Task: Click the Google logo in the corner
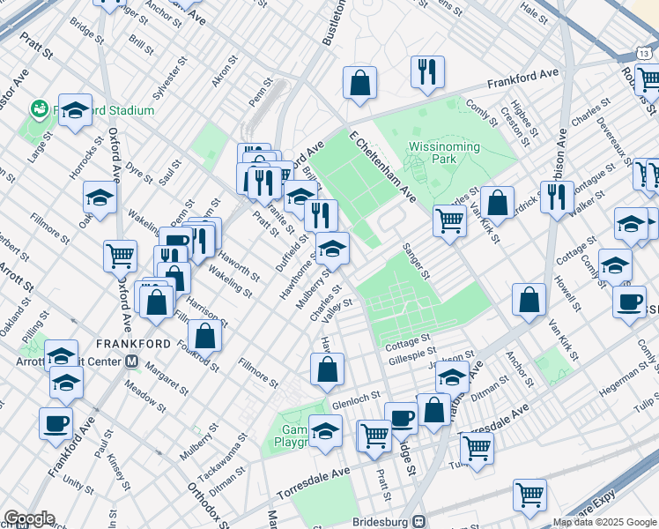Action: (x=28, y=518)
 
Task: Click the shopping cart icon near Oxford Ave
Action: (x=120, y=256)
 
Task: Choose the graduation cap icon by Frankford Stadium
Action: (x=76, y=110)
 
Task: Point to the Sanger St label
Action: (x=416, y=261)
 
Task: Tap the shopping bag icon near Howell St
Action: (x=529, y=300)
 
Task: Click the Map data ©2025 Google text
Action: (x=604, y=522)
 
